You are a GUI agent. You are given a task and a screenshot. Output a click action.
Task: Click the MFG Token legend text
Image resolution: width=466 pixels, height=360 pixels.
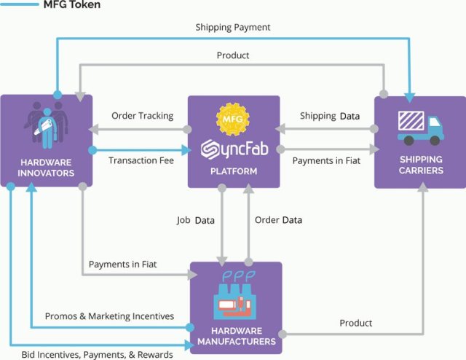click(x=71, y=5)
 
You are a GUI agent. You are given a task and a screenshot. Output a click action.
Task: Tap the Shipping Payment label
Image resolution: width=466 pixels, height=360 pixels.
click(x=232, y=28)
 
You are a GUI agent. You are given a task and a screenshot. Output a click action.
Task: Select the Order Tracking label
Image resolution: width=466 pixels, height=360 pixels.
click(x=142, y=116)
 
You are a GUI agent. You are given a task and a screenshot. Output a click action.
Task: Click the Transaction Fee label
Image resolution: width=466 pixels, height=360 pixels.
click(x=141, y=160)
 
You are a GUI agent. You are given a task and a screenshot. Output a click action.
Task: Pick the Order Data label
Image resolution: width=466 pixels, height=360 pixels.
click(x=277, y=219)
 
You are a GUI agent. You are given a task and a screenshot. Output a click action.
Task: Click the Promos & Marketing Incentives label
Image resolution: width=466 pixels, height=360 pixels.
click(x=109, y=316)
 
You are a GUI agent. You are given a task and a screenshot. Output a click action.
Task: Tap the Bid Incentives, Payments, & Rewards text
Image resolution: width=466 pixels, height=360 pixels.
click(x=97, y=355)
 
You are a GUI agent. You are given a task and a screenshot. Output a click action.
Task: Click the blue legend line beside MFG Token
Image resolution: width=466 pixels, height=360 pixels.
click(x=20, y=5)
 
